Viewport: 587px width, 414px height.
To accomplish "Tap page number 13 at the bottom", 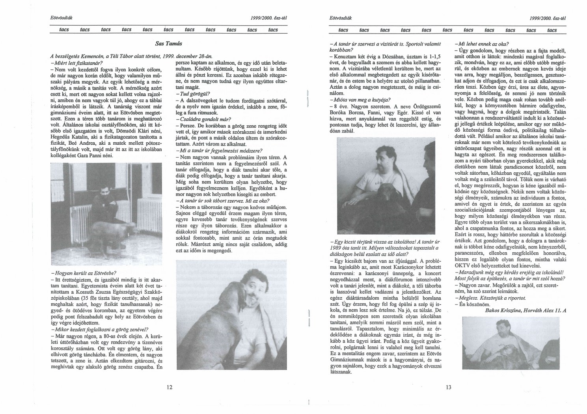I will point(448,387).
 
